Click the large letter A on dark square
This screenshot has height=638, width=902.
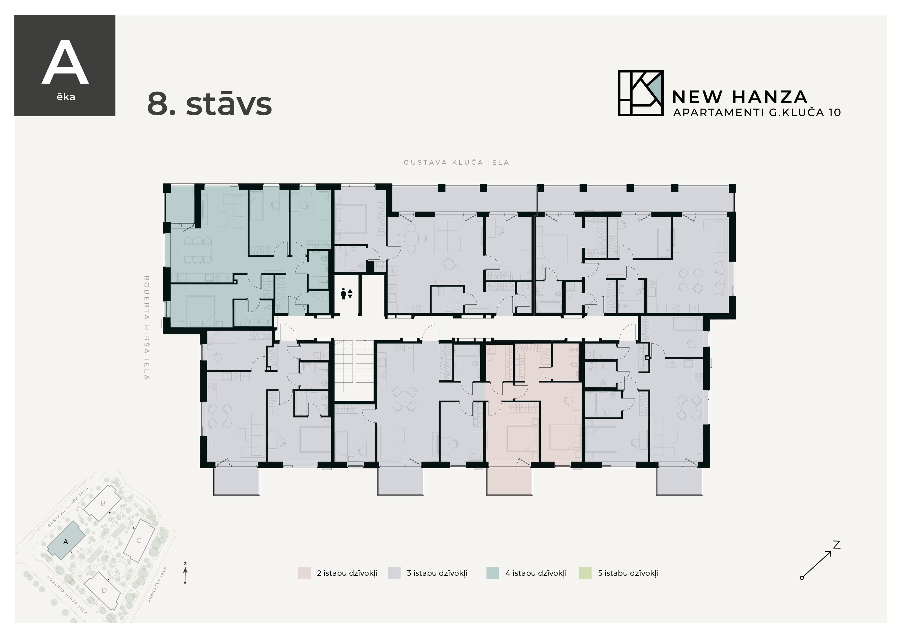[x=65, y=63]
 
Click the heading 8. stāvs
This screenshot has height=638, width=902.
[x=209, y=104]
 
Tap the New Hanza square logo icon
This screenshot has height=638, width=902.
[x=640, y=93]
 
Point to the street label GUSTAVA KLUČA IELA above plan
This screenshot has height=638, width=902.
[x=456, y=162]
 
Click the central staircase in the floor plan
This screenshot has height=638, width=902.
[x=354, y=366]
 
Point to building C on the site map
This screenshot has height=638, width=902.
[x=139, y=540]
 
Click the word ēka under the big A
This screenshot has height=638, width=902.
[x=66, y=97]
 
